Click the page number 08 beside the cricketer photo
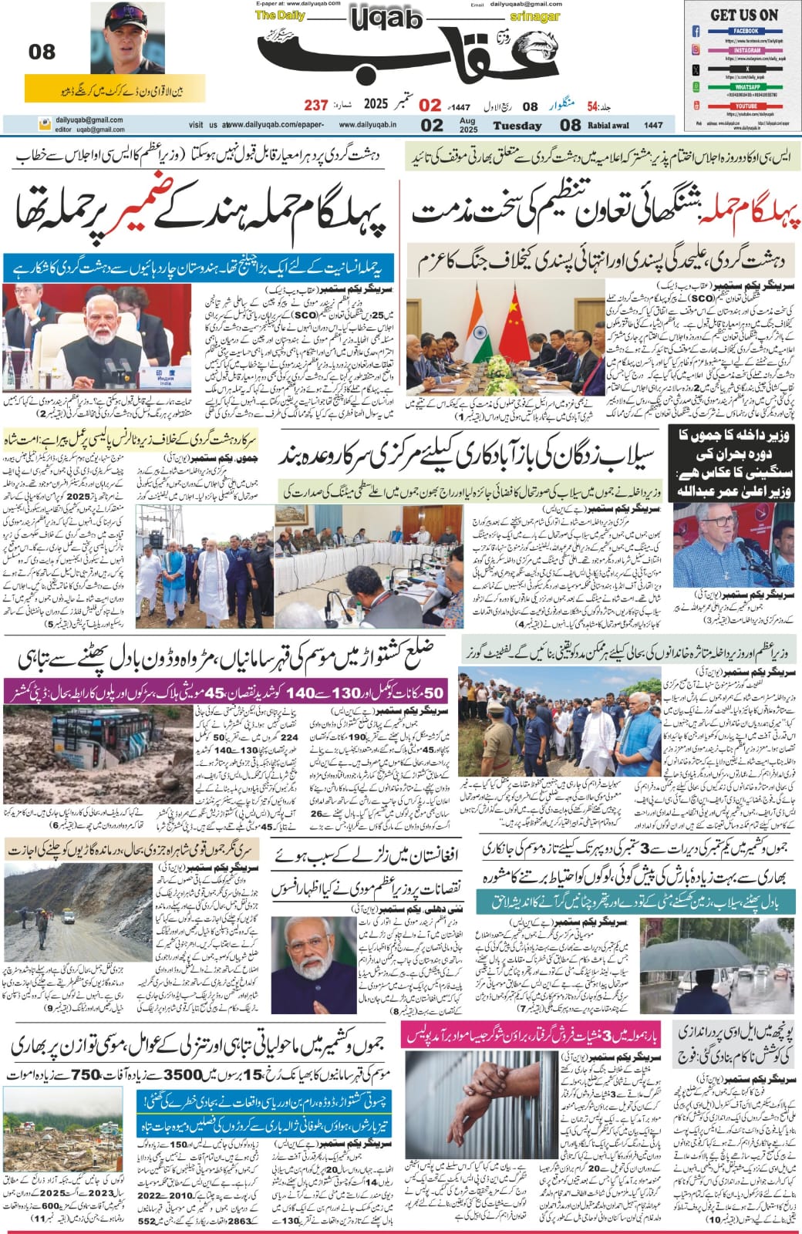42,52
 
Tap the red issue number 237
315,105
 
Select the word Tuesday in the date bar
517,125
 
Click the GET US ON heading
743,15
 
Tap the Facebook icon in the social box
696,32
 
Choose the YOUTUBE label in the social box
745,105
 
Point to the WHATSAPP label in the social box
745,87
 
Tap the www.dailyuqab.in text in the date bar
367,125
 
